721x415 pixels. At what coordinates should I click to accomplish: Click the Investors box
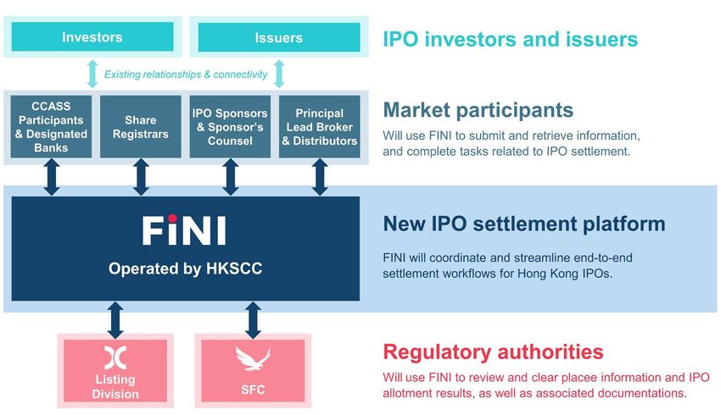point(92,36)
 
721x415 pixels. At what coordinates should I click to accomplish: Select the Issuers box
point(279,37)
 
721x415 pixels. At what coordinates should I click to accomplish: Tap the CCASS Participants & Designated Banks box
point(51,127)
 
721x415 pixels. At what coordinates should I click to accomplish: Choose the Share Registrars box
point(141,127)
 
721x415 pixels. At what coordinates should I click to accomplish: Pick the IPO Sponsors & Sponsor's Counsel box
point(230,127)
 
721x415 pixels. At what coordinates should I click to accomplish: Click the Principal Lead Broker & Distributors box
point(320,127)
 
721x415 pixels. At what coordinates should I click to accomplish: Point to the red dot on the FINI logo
point(172,218)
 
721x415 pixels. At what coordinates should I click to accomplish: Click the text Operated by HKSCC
point(185,268)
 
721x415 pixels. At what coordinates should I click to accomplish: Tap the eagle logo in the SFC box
point(253,358)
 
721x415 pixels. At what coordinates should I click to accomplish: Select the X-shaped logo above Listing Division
point(115,357)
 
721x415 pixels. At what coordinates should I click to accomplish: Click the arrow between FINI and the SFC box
point(253,320)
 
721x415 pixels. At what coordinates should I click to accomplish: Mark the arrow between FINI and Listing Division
point(115,320)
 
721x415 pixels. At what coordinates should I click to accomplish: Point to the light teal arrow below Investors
point(92,74)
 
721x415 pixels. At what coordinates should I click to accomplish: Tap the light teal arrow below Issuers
point(279,74)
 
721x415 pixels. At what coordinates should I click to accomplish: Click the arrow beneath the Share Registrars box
point(141,177)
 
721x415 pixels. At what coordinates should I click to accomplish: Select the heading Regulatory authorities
point(493,352)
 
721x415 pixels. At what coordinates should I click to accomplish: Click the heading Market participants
point(478,110)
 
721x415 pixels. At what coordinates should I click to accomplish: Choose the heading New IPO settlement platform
point(524,224)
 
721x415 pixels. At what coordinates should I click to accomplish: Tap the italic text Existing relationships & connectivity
point(186,75)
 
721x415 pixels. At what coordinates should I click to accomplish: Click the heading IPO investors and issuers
point(511,39)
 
